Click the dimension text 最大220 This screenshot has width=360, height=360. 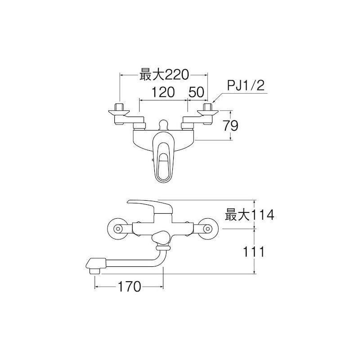tap(164, 75)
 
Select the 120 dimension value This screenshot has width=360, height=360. tap(163, 92)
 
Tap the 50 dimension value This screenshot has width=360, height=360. tap(196, 92)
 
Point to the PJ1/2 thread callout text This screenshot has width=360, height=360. tap(246, 85)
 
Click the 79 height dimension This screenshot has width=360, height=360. tap(231, 126)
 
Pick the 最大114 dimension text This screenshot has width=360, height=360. tap(249, 215)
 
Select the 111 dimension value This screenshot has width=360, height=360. tap(254, 252)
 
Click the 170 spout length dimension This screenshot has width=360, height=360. tap(129, 287)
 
